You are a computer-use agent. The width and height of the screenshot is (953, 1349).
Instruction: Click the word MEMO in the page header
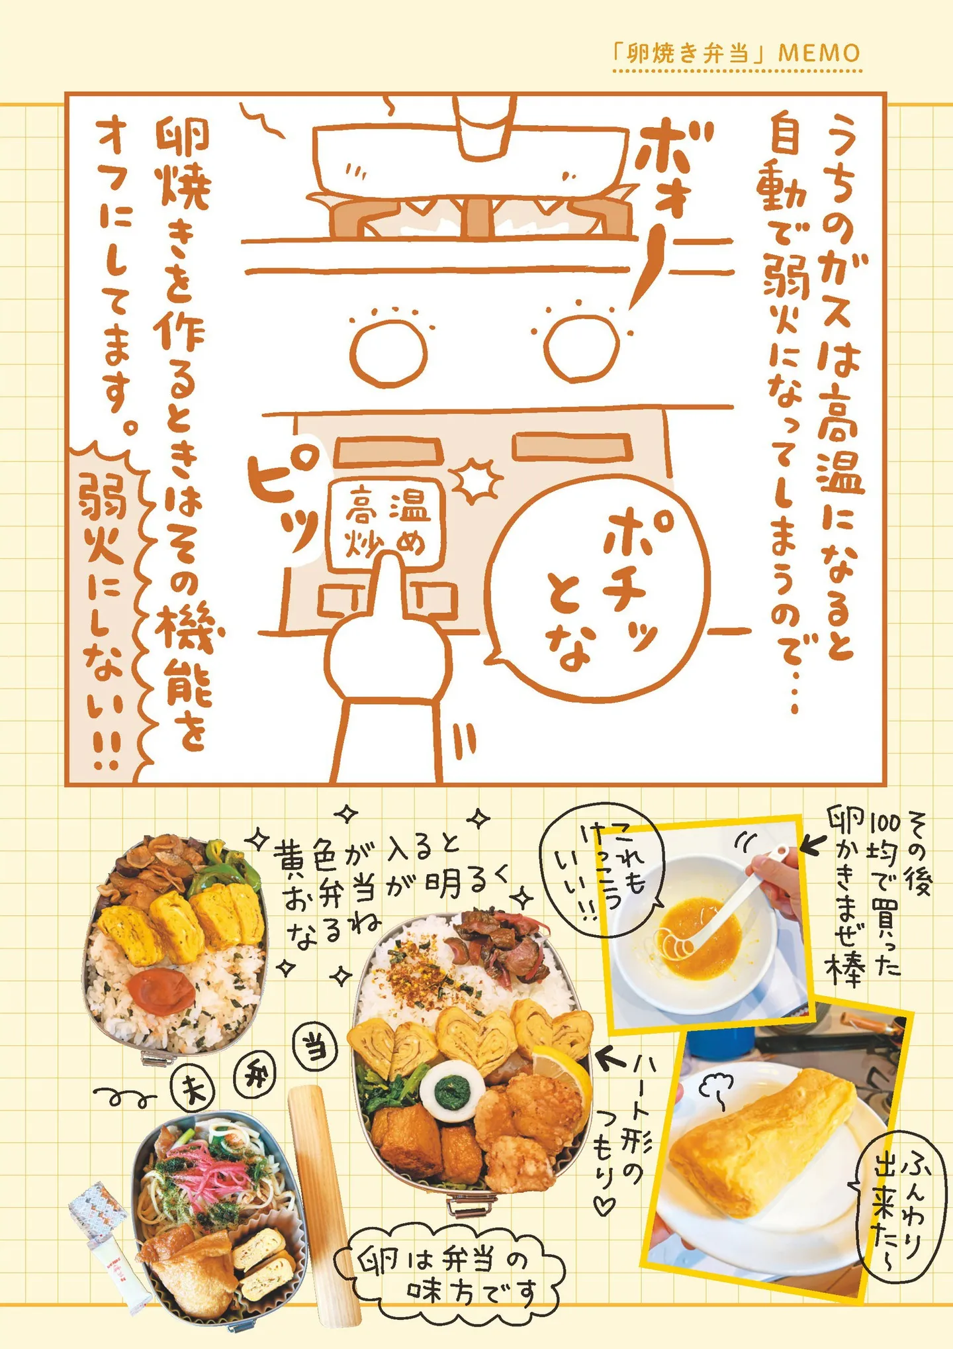(819, 52)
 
